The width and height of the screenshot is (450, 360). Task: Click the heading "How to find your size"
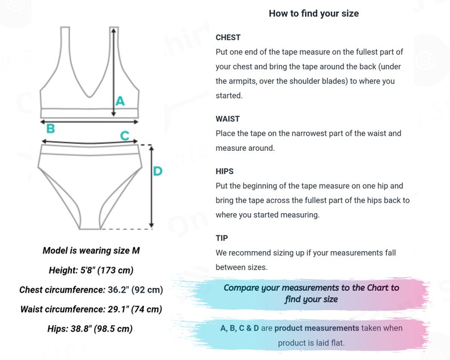click(313, 14)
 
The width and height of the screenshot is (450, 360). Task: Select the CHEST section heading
click(228, 37)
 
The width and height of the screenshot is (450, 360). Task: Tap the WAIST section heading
click(228, 119)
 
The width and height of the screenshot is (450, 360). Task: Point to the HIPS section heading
click(224, 171)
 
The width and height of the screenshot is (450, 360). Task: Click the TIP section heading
click(222, 238)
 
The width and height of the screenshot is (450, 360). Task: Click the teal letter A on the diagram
click(120, 101)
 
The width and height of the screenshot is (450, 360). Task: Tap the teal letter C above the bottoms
click(125, 135)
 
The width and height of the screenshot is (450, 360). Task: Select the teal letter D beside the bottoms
click(158, 171)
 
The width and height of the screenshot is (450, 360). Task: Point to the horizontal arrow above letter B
click(90, 120)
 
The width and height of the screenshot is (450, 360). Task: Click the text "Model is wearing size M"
click(91, 251)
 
